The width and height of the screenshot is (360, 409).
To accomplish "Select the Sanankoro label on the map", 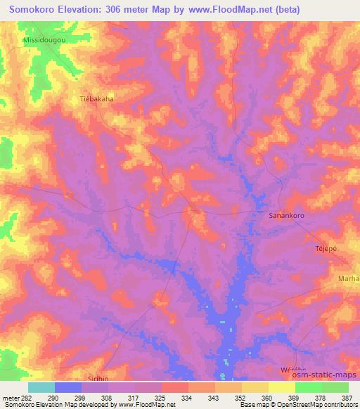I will (286, 216).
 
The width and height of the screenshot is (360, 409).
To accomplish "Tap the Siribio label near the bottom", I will (99, 377).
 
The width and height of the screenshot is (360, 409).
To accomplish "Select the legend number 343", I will (212, 398).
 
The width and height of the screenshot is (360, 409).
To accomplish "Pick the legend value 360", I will (266, 398).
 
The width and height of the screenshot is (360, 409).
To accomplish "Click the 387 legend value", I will (347, 398).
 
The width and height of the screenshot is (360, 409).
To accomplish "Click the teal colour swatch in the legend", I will (41, 387).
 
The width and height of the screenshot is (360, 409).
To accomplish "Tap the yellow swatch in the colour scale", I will (282, 387).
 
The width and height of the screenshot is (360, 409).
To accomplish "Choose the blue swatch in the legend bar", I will (68, 387).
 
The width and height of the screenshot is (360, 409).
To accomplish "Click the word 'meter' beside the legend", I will (9, 398).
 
